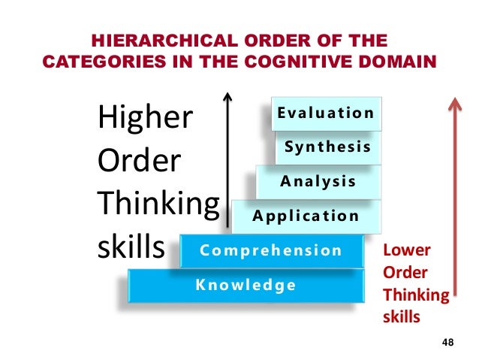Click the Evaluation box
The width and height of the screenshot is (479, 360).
pos(325,113)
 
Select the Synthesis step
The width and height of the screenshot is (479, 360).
pos(327,147)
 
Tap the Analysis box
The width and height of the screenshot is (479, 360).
pos(318,181)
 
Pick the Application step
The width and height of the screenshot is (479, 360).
pos(306,216)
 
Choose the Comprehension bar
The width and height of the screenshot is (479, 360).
pos(270,250)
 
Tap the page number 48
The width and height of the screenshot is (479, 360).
pos(448,343)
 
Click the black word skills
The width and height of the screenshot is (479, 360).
pos(131,247)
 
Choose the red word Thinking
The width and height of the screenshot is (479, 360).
pos(415,295)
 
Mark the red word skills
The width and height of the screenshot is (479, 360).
pos(402,316)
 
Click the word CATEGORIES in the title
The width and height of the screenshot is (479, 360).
pos(91,59)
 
